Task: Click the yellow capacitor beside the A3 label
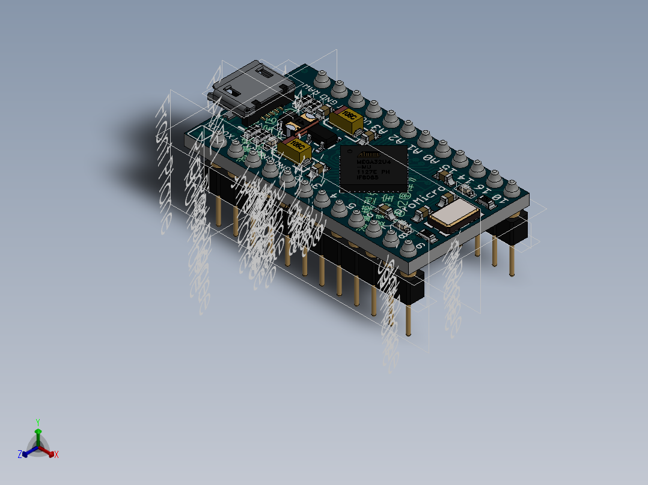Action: pyautogui.click(x=347, y=120)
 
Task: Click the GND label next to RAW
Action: pyautogui.click(x=327, y=100)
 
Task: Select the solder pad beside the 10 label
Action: pyautogui.click(x=512, y=188)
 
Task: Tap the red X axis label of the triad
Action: pyautogui.click(x=57, y=454)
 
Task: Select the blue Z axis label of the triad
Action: pyautogui.click(x=19, y=454)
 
